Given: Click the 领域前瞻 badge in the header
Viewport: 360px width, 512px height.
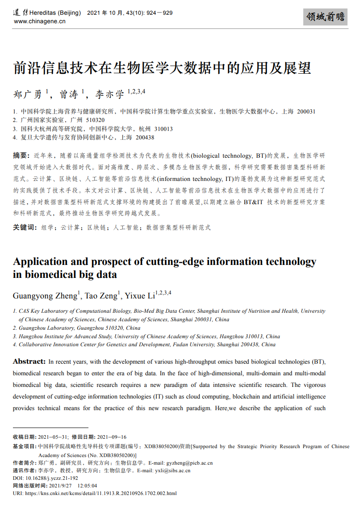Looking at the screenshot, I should point(325,17).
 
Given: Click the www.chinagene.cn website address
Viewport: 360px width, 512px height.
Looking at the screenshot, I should point(40,21).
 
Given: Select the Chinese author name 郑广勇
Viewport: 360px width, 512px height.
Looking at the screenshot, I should point(28,94).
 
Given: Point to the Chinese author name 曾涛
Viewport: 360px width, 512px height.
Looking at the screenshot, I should point(69,94).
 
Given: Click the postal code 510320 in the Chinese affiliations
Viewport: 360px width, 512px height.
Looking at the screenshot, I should point(95,120).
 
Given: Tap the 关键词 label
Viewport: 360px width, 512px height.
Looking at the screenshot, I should point(25,227).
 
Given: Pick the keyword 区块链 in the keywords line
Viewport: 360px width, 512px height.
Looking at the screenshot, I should point(96,227).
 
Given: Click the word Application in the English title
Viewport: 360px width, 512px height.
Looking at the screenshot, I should point(40,262).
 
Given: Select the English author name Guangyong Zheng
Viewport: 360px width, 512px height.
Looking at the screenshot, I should point(45,296).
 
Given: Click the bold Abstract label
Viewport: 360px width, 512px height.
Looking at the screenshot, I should point(29,361).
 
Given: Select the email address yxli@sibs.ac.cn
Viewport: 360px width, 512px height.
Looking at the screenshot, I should point(172,470).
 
